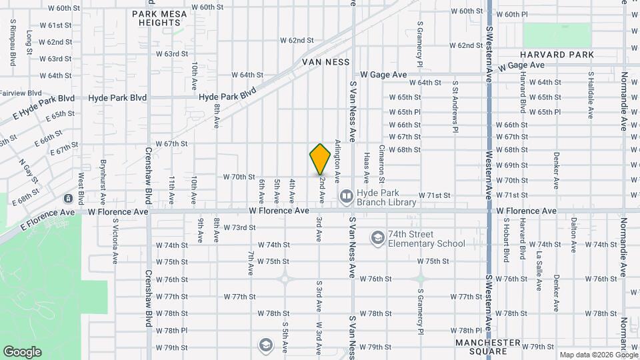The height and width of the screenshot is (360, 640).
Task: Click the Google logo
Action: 21,351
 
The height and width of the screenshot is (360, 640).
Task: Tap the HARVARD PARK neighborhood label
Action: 557,55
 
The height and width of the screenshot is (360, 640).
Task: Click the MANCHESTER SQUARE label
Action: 487,347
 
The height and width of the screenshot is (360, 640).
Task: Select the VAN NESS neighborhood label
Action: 326,61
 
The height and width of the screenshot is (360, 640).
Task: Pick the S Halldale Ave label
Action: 591,95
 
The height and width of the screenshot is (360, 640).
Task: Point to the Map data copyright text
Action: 598,355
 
